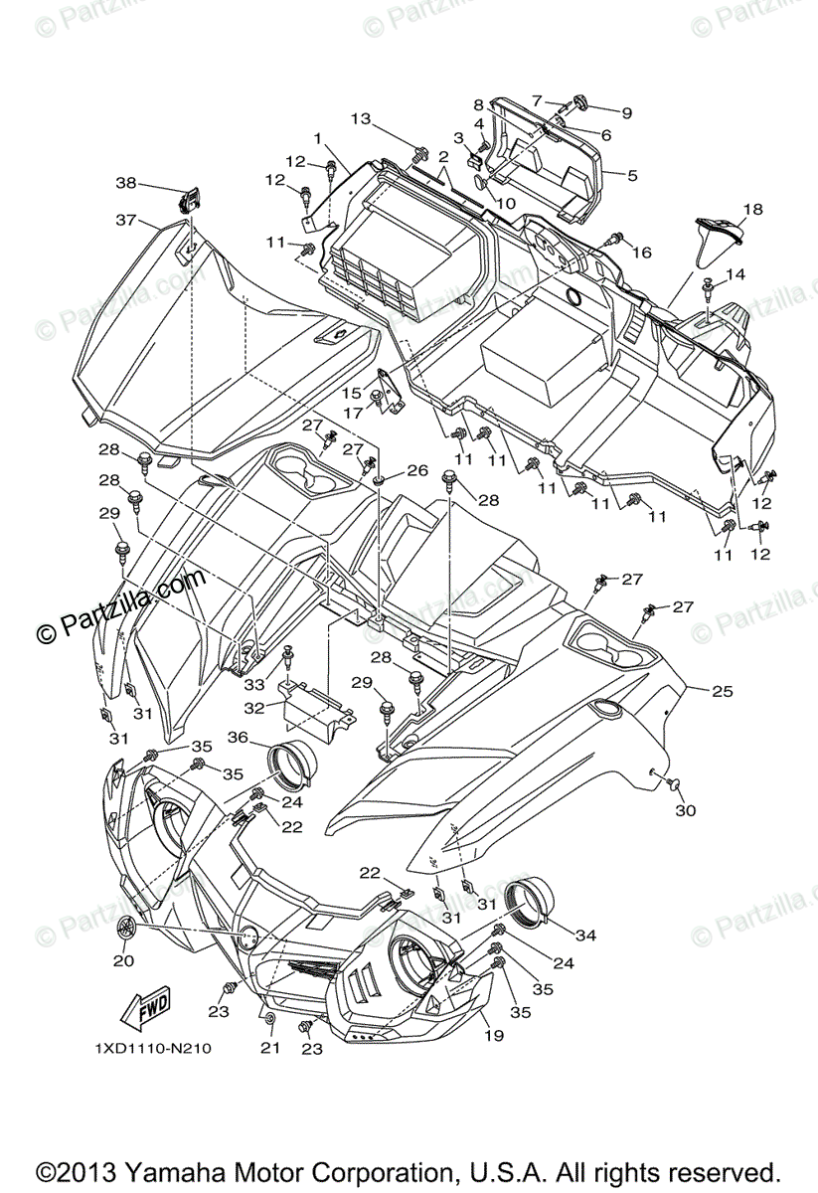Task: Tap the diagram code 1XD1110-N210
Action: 153,1048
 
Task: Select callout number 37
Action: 124,221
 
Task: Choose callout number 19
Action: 493,1035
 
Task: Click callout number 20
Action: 123,960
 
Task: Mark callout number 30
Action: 685,810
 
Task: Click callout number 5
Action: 632,175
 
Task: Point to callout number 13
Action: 359,119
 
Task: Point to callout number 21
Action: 267,1049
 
